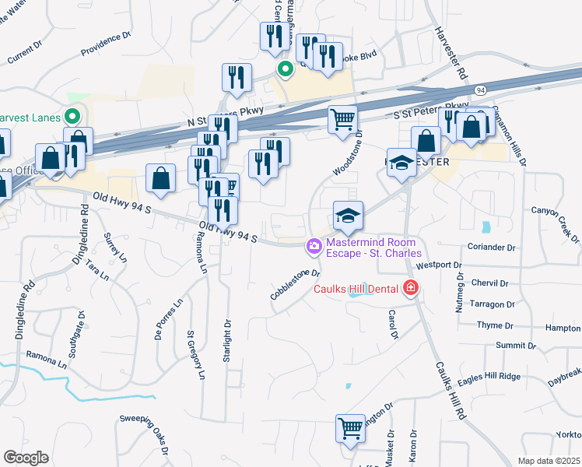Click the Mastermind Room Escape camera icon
(x=314, y=246)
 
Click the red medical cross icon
(x=411, y=290)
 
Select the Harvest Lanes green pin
(x=72, y=118)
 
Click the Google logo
(x=26, y=458)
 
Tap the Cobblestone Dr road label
(x=296, y=285)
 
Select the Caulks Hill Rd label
(x=450, y=391)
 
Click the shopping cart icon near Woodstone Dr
(x=342, y=119)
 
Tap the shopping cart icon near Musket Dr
(x=350, y=427)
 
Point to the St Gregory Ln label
(x=195, y=354)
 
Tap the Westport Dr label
(x=433, y=265)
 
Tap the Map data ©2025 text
(x=549, y=461)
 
